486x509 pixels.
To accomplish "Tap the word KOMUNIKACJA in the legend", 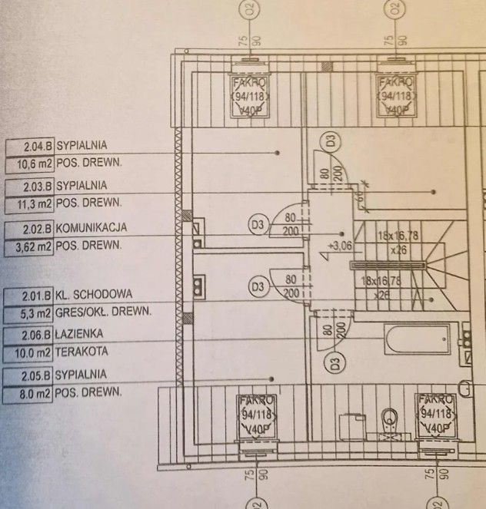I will pos(92,228).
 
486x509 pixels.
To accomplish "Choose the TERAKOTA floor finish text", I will pos(82,352).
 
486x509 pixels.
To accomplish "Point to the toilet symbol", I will pos(390,418).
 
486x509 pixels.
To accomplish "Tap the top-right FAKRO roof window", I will pos(396,96).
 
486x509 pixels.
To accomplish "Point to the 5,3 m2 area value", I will pos(32,311).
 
